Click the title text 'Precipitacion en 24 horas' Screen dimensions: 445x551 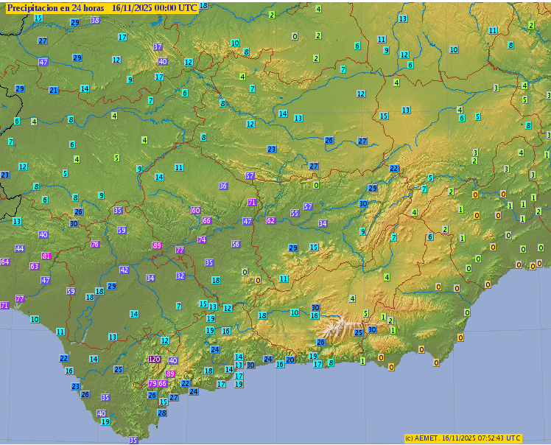[55, 7]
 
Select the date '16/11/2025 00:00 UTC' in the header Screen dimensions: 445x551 [155, 7]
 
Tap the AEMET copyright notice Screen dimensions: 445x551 [463, 438]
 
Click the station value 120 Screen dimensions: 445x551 [154, 359]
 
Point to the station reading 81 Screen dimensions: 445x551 [46, 256]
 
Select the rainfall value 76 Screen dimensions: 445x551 [94, 244]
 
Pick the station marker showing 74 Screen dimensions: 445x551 [201, 239]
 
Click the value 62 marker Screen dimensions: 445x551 [270, 220]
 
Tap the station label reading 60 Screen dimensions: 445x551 [195, 210]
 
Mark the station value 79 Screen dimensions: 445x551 [152, 383]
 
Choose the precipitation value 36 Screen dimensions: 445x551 [223, 186]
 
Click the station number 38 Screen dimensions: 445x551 [95, 20]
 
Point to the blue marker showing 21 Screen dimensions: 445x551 [53, 90]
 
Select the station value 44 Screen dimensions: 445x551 [20, 248]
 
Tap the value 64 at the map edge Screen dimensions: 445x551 [4, 262]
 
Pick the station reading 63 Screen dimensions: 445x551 [34, 266]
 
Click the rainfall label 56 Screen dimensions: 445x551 [236, 244]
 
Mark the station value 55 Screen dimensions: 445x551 [295, 213]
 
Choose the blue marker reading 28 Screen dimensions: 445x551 [162, 413]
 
